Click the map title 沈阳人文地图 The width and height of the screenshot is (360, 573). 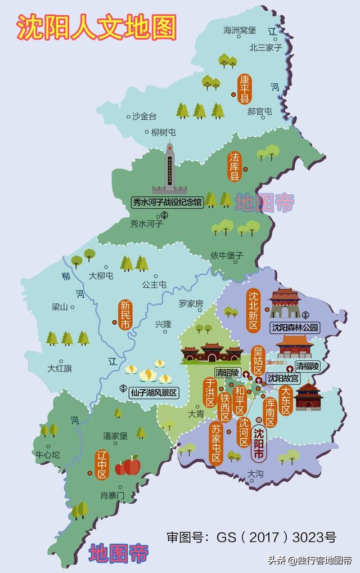click(x=96, y=26)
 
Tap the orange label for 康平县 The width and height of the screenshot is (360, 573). click(x=245, y=89)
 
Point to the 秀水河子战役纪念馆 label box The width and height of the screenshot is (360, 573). click(x=167, y=200)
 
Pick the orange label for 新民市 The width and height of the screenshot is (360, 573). click(x=125, y=315)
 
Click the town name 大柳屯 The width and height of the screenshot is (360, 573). click(x=101, y=276)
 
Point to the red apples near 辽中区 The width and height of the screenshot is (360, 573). click(x=128, y=466)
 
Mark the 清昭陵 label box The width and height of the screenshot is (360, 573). click(x=227, y=373)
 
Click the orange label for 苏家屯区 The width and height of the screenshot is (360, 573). click(x=217, y=442)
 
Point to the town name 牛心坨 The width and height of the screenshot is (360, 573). click(x=47, y=454)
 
